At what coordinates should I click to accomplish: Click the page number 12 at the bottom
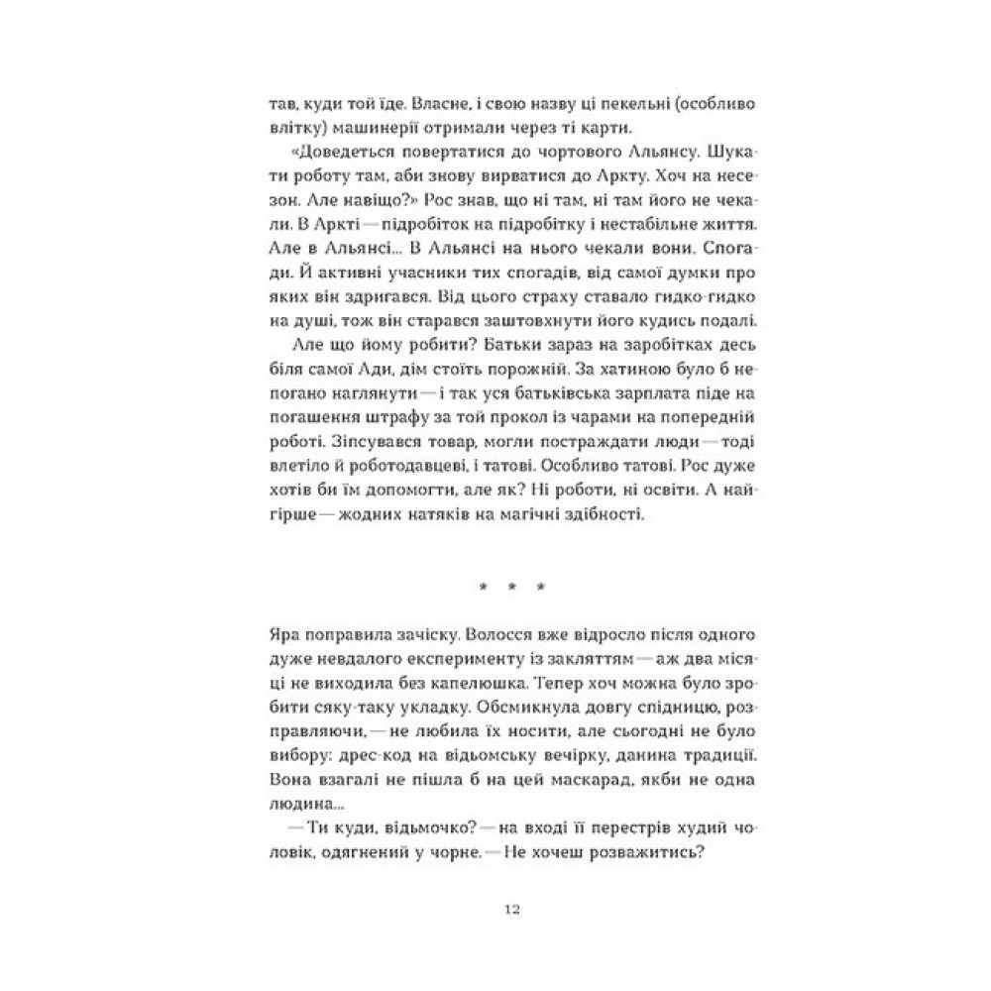[511, 910]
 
